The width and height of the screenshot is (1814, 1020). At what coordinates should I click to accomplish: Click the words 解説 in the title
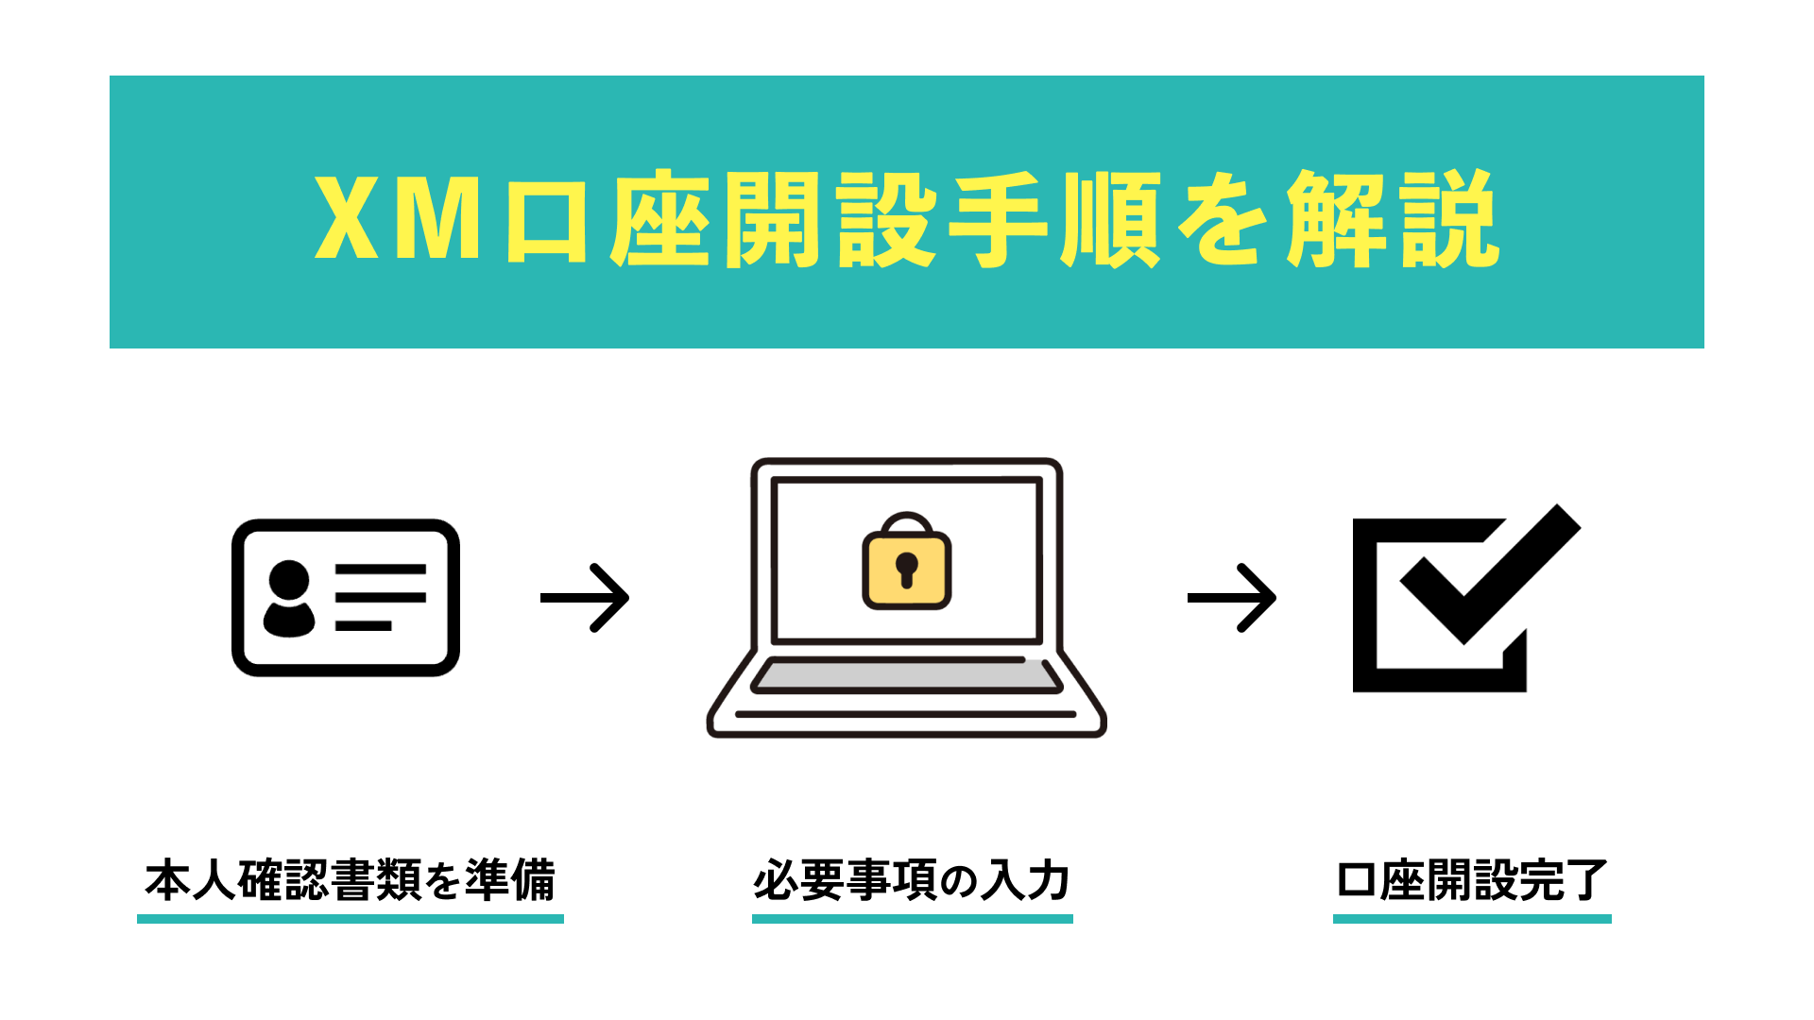(x=1393, y=219)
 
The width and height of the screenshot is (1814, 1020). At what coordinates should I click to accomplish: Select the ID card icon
(x=346, y=597)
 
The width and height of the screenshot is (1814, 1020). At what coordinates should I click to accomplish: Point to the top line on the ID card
(x=380, y=569)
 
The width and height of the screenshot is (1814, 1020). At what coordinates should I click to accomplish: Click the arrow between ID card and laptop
(x=585, y=598)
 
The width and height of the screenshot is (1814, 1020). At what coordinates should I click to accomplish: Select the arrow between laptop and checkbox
(x=1232, y=598)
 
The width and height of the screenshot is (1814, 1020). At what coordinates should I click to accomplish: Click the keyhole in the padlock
(x=907, y=569)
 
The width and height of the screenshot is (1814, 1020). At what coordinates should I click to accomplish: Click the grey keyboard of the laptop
(x=907, y=676)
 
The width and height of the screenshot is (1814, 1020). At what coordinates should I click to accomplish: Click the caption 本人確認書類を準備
(x=350, y=880)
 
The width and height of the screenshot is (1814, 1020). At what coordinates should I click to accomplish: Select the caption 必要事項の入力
(x=912, y=880)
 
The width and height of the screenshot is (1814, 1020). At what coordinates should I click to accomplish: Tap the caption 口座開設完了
(x=1472, y=880)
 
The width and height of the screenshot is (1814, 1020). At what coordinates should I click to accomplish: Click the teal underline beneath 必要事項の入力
(x=912, y=918)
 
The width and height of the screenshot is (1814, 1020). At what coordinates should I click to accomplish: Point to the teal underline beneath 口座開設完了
(x=1472, y=918)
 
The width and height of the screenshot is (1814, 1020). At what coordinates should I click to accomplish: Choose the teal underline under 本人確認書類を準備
(x=350, y=918)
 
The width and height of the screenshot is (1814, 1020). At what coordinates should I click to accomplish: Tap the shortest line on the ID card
(x=363, y=625)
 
